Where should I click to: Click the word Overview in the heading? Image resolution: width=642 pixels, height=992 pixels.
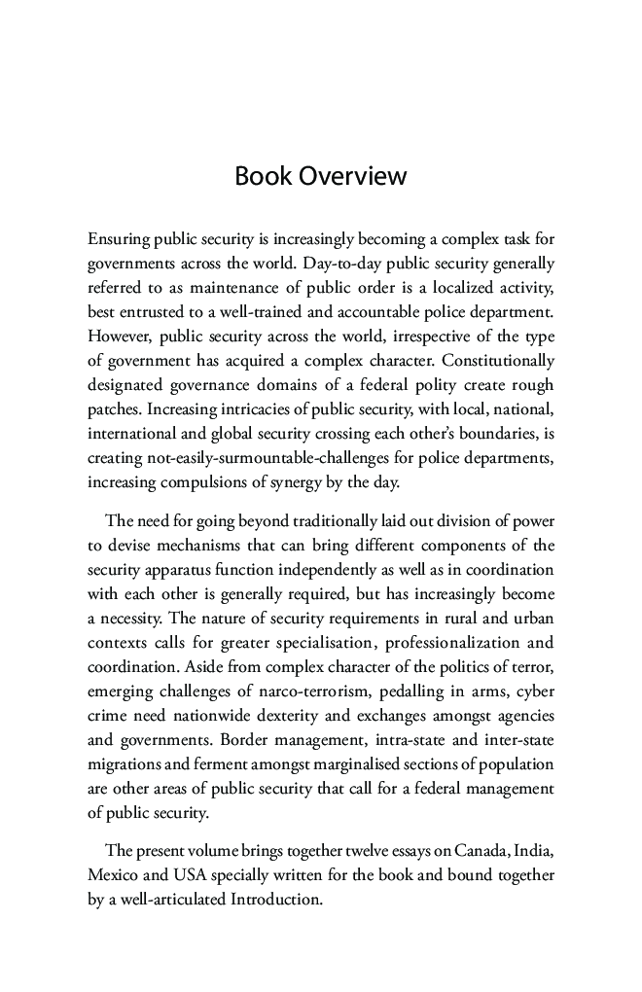pos(352,177)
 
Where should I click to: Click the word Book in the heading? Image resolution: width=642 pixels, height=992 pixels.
pos(264,177)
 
